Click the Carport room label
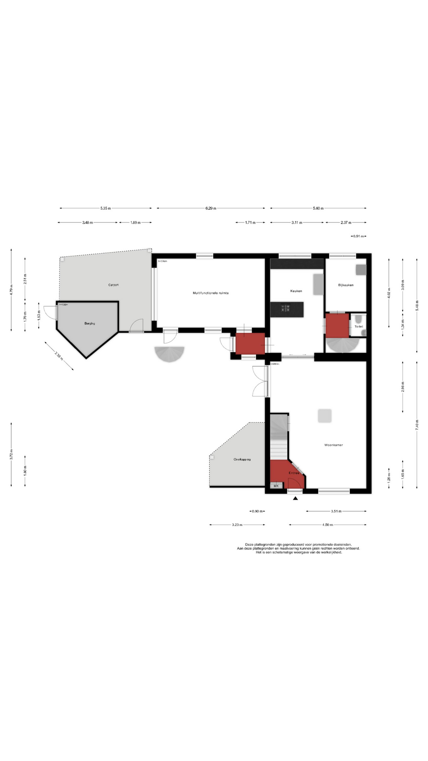[113, 285]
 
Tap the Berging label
[90, 323]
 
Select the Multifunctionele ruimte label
[210, 293]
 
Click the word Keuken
[296, 291]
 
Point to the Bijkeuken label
[346, 285]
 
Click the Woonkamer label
[333, 445]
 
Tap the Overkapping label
[242, 459]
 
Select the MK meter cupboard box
[276, 486]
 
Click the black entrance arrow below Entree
[295, 498]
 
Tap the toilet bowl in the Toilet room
[358, 319]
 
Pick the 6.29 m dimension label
[211, 208]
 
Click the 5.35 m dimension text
[105, 208]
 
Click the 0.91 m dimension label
[358, 236]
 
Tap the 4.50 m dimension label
[327, 525]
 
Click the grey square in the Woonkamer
[325, 416]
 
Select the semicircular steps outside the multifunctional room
[170, 354]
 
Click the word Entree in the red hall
[294, 473]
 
